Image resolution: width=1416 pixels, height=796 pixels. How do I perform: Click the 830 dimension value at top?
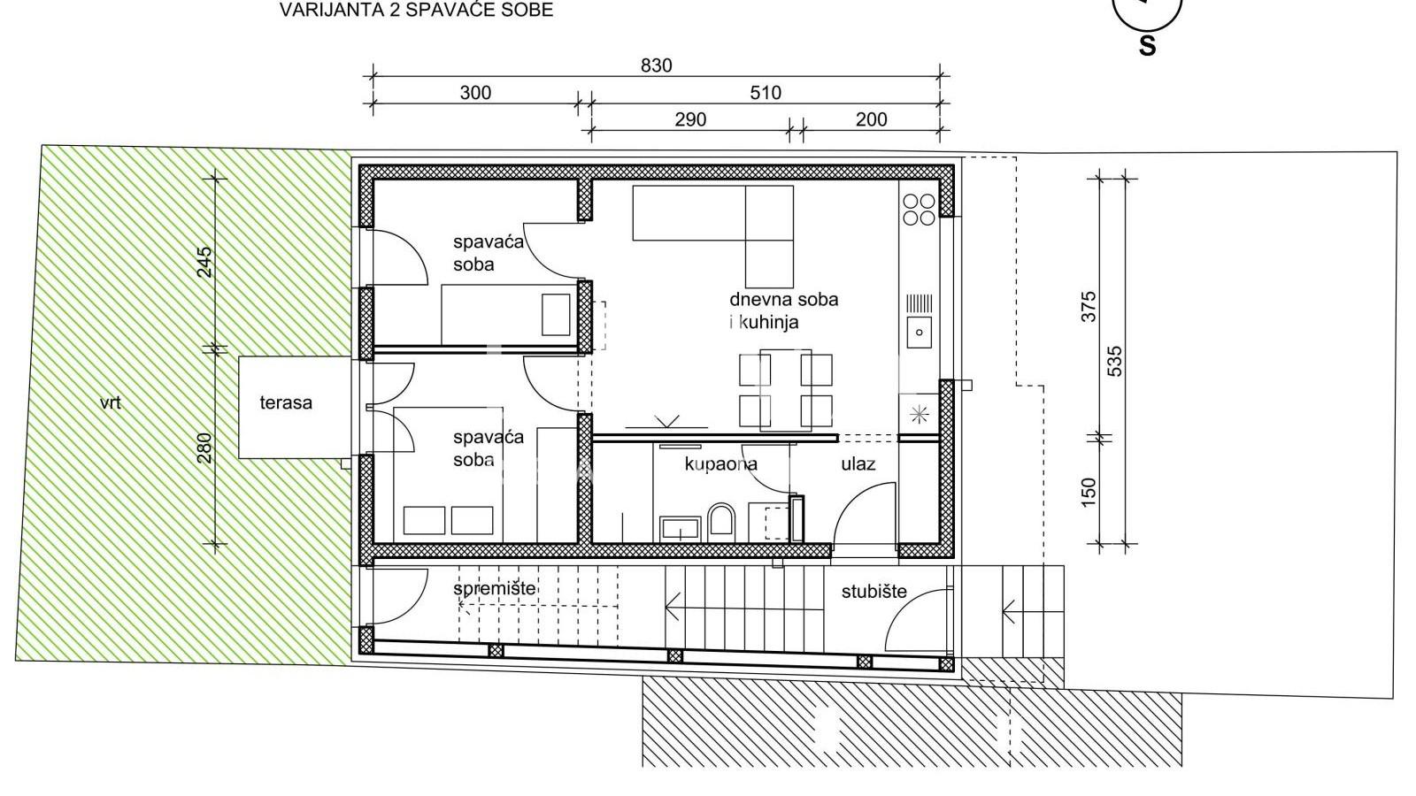click(656, 65)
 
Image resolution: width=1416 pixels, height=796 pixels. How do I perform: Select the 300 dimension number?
click(475, 93)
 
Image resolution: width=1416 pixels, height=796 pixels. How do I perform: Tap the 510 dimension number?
click(766, 93)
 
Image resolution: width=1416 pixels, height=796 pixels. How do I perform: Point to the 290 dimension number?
click(690, 119)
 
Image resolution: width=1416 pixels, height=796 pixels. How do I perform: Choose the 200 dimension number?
click(871, 119)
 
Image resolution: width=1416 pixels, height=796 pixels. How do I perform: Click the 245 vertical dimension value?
click(204, 263)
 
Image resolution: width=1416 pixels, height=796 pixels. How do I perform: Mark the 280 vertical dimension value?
click(204, 448)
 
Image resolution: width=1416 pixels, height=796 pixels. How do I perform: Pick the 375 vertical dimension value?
click(1089, 306)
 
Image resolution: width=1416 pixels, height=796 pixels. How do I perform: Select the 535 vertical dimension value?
click(1115, 361)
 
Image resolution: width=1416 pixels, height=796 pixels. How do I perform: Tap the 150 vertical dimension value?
click(1089, 492)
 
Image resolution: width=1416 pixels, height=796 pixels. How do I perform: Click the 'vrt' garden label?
click(111, 403)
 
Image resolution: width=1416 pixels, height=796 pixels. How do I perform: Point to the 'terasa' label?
click(286, 403)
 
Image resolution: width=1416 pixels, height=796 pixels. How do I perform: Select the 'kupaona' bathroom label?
click(721, 463)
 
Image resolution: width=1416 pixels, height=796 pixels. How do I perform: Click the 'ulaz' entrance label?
click(858, 463)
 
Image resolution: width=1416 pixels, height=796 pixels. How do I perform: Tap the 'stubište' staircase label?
click(873, 592)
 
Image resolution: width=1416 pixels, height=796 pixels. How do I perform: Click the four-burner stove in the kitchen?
click(919, 210)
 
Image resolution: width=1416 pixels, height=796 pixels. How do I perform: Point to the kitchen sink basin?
click(920, 333)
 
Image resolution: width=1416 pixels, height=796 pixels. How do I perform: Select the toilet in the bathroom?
click(721, 522)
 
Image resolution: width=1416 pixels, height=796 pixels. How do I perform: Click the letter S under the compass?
click(1147, 46)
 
